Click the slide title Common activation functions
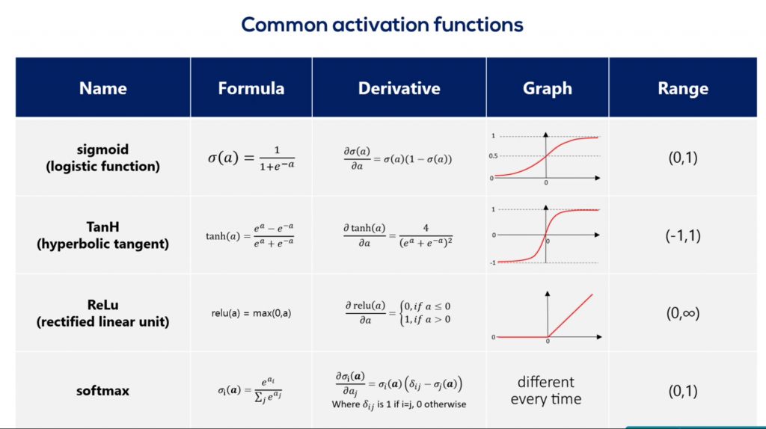tap(382, 25)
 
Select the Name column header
tap(102, 88)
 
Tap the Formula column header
tap(251, 88)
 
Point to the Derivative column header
tap(399, 88)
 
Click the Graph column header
tap(547, 88)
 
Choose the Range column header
tap(683, 88)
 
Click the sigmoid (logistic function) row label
tap(102, 158)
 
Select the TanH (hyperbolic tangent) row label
tap(102, 235)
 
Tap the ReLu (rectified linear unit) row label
tap(102, 313)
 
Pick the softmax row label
tap(102, 390)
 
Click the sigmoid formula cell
tap(251, 158)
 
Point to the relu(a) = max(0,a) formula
tap(251, 313)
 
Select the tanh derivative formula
tap(398, 235)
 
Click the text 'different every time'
tap(546, 390)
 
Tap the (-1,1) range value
tap(683, 235)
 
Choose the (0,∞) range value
tap(683, 313)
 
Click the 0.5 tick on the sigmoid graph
tap(494, 156)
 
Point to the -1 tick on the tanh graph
tap(493, 262)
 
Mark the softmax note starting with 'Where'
tap(399, 404)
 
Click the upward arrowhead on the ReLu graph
tap(548, 294)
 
